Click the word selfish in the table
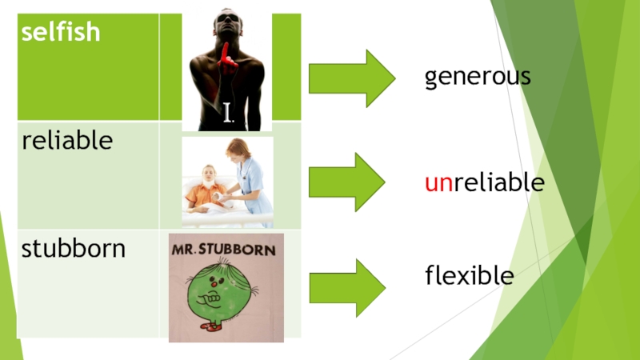pos(61,32)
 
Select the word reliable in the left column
pos(67,141)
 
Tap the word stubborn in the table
pos(74,248)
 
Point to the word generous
pos(478,77)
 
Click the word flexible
pos(469,277)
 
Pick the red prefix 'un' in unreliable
pos(438,184)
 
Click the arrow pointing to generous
pos(352,78)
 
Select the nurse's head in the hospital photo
pos(238,149)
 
